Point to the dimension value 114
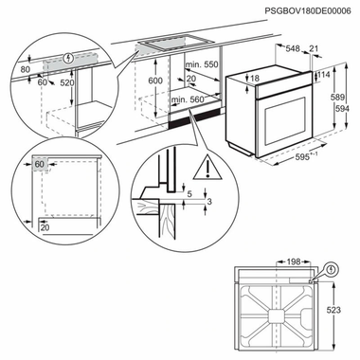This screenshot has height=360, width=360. point(326,76)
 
